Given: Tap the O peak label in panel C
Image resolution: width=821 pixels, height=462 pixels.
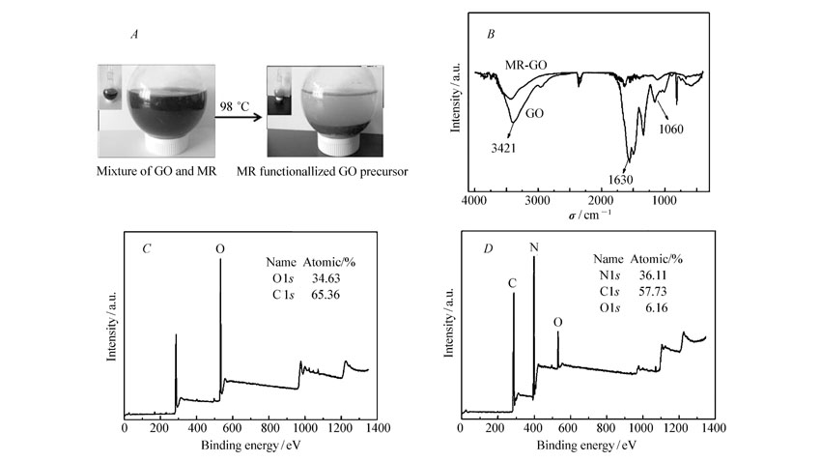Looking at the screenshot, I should (x=220, y=248).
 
